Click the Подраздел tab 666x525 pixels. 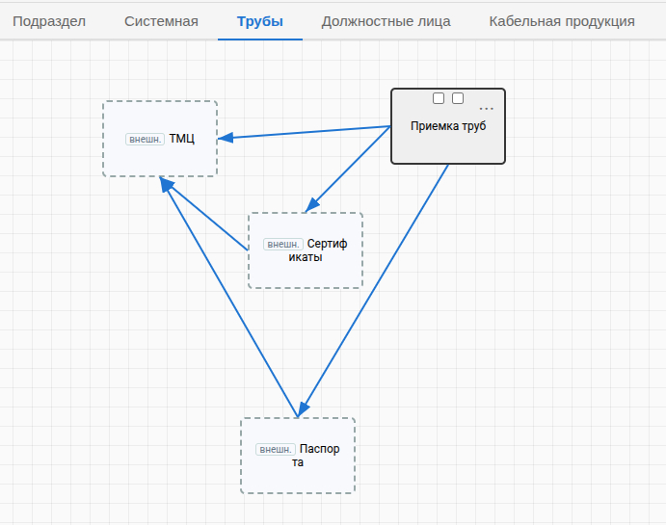[49, 21]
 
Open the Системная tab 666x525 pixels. [161, 21]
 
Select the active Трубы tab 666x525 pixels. [260, 21]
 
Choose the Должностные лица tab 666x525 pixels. [386, 21]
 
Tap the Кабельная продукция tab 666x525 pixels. [562, 21]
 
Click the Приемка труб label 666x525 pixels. [448, 126]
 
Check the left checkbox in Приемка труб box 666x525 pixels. [439, 98]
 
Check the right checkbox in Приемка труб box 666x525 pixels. [458, 98]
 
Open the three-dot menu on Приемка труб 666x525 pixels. [487, 109]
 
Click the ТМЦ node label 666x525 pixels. [182, 139]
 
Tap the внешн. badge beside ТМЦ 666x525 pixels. [145, 140]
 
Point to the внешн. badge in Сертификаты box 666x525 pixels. [282, 244]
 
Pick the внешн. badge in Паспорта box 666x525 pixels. [276, 449]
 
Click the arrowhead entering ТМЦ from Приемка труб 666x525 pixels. [226, 138]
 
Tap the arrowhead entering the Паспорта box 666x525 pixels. [304, 409]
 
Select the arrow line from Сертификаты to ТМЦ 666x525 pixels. [204, 214]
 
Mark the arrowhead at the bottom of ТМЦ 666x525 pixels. [166, 184]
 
